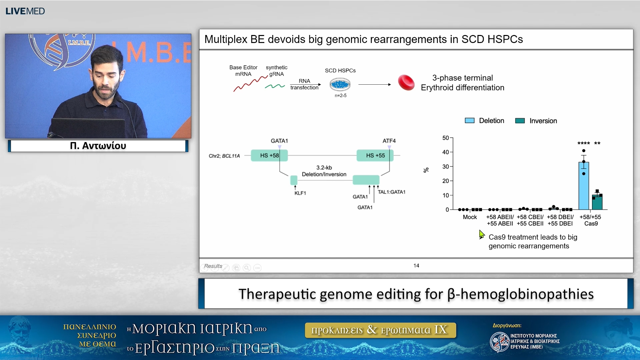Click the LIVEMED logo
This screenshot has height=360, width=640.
(25, 11)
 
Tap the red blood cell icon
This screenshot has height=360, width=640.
(406, 83)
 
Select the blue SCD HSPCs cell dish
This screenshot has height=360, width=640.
(340, 84)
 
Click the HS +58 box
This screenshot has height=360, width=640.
(269, 155)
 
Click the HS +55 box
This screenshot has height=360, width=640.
(375, 155)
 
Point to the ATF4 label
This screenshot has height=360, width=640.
(389, 141)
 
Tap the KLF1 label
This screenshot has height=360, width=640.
(300, 193)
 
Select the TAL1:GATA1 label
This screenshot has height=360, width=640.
(391, 192)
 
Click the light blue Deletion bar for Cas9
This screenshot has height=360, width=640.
(583, 187)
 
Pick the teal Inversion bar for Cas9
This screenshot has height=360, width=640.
(597, 202)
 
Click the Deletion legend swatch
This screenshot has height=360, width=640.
(469, 121)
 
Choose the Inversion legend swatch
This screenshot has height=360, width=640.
(520, 121)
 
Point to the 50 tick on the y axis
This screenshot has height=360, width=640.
(446, 138)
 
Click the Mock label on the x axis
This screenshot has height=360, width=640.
(470, 217)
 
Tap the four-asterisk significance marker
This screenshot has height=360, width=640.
(583, 143)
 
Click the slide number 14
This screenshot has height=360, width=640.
(416, 266)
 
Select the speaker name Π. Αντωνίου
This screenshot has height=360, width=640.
(98, 146)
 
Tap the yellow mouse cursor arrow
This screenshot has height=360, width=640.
(481, 234)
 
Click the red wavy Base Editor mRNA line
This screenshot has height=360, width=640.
(250, 84)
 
